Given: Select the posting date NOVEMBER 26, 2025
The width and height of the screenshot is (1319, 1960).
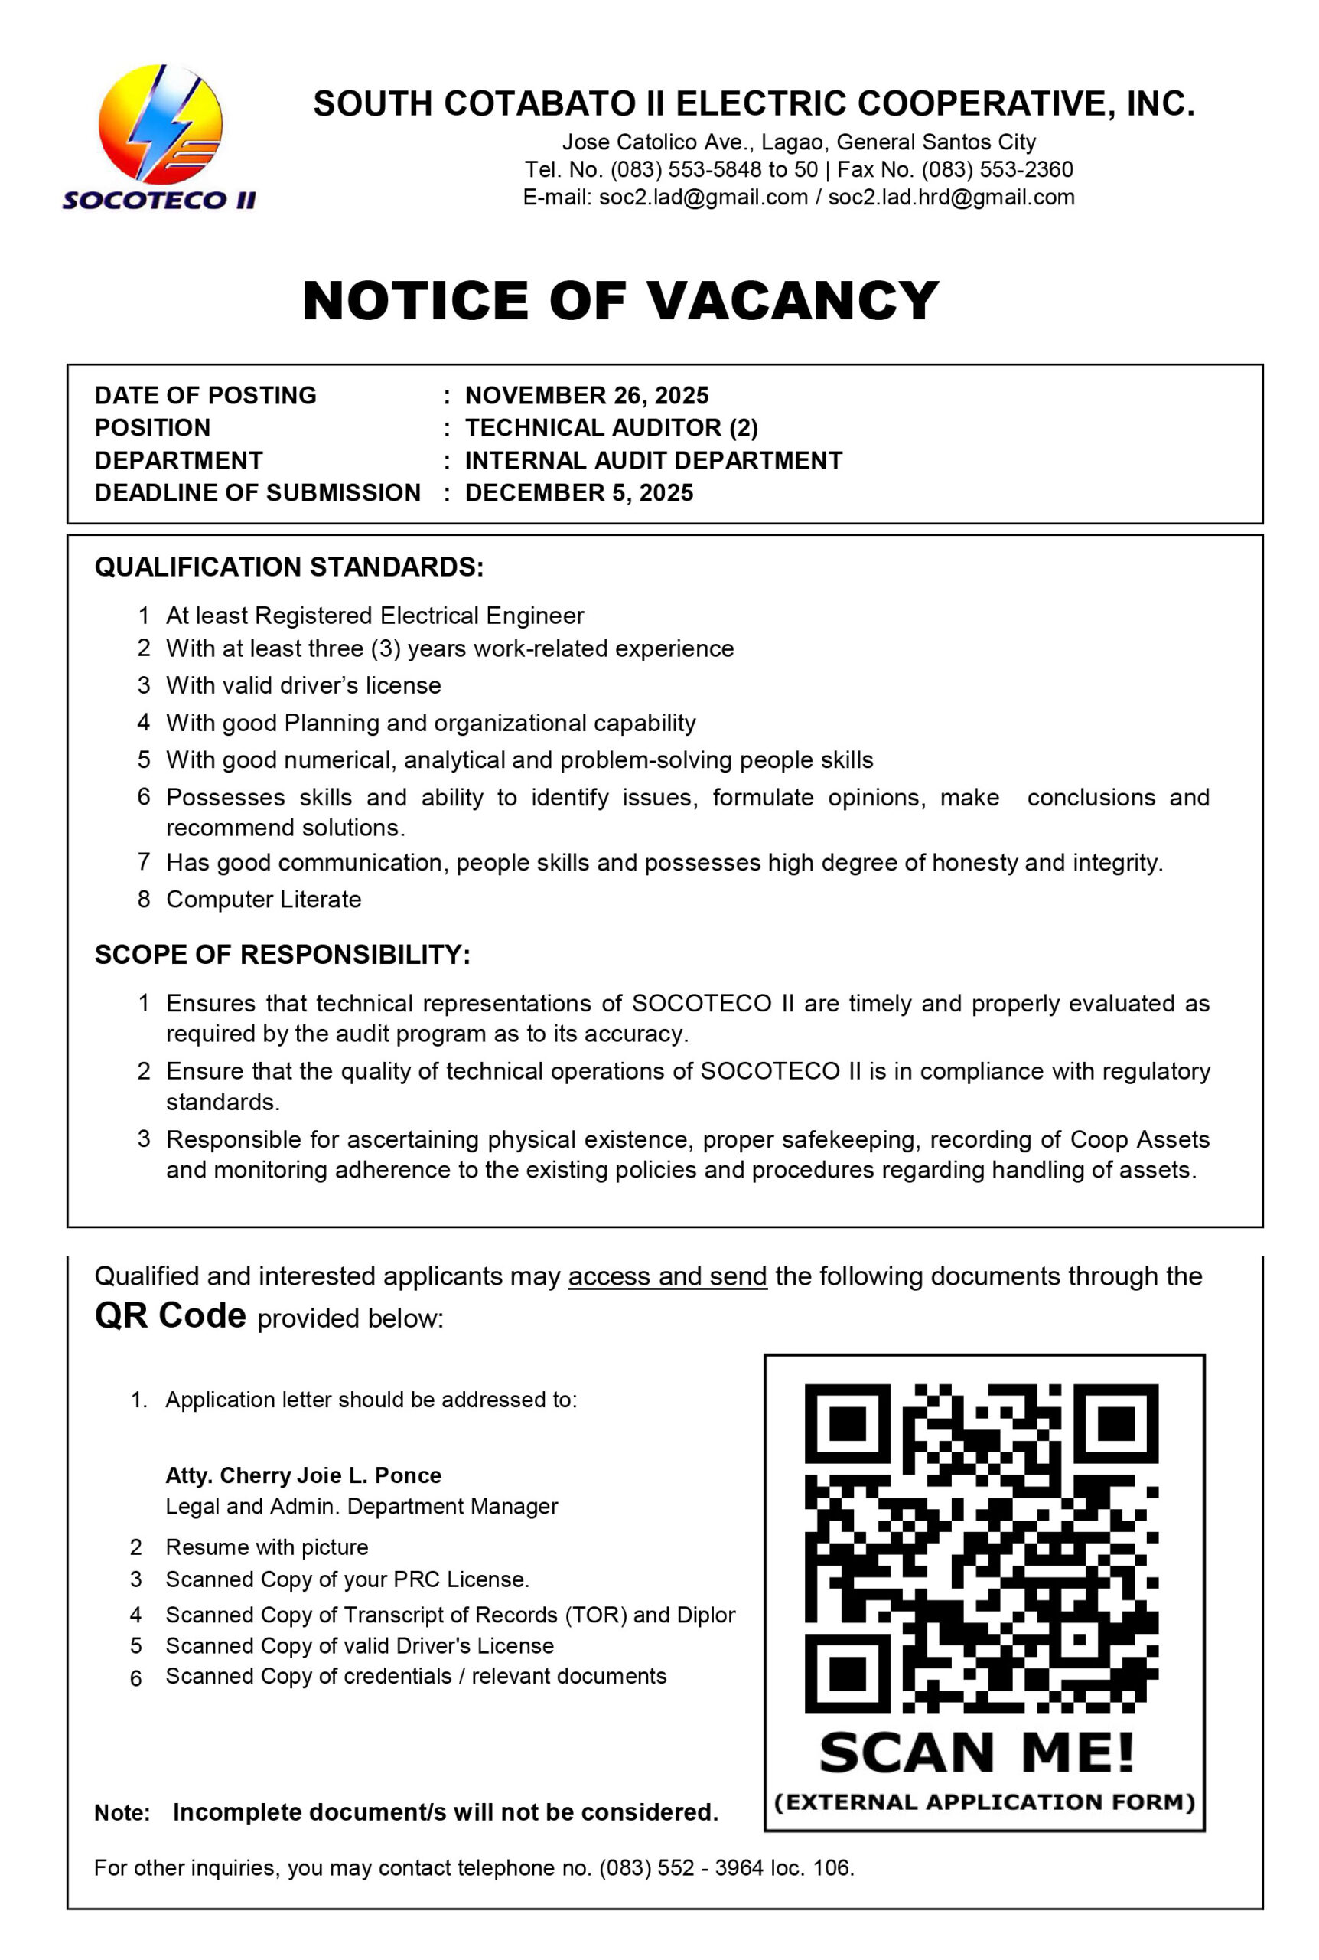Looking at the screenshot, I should tap(586, 396).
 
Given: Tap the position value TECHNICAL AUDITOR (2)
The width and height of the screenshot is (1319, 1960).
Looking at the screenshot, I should tap(611, 427).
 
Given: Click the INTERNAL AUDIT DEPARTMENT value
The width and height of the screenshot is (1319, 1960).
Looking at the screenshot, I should tap(653, 460).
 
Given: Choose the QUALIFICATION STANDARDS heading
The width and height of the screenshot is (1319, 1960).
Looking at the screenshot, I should tap(288, 567).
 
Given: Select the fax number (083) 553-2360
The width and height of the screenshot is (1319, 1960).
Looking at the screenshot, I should tap(997, 169).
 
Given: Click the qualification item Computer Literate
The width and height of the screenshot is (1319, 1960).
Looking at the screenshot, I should tap(263, 899).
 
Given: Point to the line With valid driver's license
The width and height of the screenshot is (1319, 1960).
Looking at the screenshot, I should tap(303, 685).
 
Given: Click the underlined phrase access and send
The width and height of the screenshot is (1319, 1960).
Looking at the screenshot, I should tap(667, 1276).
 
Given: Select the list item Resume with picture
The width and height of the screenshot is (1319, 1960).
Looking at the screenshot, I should tap(267, 1547).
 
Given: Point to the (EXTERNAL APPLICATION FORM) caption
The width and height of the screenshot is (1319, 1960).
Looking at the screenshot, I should tap(984, 1802).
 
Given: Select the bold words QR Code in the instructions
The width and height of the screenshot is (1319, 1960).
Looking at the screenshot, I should tap(170, 1315).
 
